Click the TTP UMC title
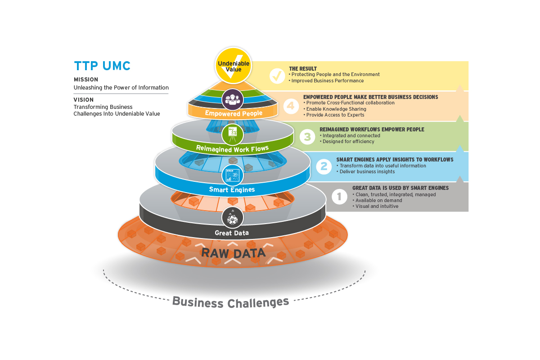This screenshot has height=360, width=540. point(102,66)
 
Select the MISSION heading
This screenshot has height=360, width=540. point(86,80)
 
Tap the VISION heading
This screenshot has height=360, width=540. point(84,100)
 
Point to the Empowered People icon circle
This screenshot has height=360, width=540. point(233,99)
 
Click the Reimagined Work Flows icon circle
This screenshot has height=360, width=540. point(233,134)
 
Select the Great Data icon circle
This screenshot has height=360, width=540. point(233,218)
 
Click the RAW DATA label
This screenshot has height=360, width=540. point(233,252)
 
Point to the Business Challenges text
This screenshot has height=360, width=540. point(230,302)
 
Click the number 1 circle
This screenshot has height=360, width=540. point(339,196)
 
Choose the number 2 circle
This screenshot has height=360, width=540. point(324,166)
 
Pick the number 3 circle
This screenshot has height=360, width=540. point(307,136)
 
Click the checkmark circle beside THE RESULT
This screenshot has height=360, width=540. point(276,76)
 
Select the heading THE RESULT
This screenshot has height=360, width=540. point(303,69)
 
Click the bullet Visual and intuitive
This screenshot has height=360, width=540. point(377,206)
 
